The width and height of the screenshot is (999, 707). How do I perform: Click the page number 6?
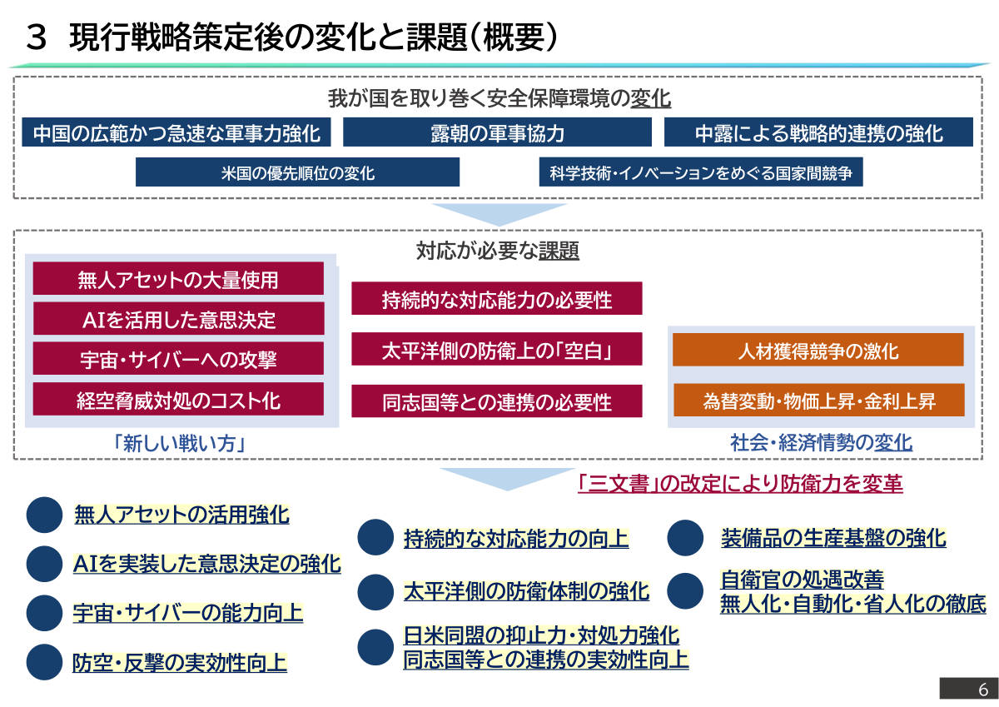pos(983,690)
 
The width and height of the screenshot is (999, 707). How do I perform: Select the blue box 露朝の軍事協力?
pos(497,132)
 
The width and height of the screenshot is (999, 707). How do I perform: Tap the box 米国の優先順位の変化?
pos(297,172)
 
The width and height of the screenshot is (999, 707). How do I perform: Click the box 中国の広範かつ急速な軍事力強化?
pos(176,132)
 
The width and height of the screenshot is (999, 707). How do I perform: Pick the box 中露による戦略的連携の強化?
pos(818,132)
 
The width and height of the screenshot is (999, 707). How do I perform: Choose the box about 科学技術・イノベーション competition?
pos(701,172)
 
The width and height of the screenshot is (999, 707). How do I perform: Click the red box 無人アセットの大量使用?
pos(178,278)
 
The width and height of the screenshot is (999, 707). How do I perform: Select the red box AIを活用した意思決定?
pos(178,318)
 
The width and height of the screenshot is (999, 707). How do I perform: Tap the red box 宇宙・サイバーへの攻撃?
pos(178,358)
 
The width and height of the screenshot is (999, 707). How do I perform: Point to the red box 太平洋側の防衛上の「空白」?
pos(497,349)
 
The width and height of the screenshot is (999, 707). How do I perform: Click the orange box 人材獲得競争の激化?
pos(818,350)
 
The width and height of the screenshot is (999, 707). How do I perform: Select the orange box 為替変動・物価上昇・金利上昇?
pos(819,400)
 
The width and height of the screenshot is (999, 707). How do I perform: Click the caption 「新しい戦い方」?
pos(180,443)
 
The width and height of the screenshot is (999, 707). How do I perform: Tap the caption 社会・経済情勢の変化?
pos(821,442)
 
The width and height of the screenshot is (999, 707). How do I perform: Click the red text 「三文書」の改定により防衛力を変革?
pos(740,484)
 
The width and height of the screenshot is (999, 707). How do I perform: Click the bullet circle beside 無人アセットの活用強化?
pos(44,515)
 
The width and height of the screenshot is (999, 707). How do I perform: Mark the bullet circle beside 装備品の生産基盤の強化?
pos(685,537)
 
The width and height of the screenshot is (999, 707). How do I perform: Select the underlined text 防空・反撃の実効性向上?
pos(179,662)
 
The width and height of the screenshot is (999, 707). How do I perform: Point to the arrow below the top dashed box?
pos(499,215)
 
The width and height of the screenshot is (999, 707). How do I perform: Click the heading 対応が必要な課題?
pos(498,250)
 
